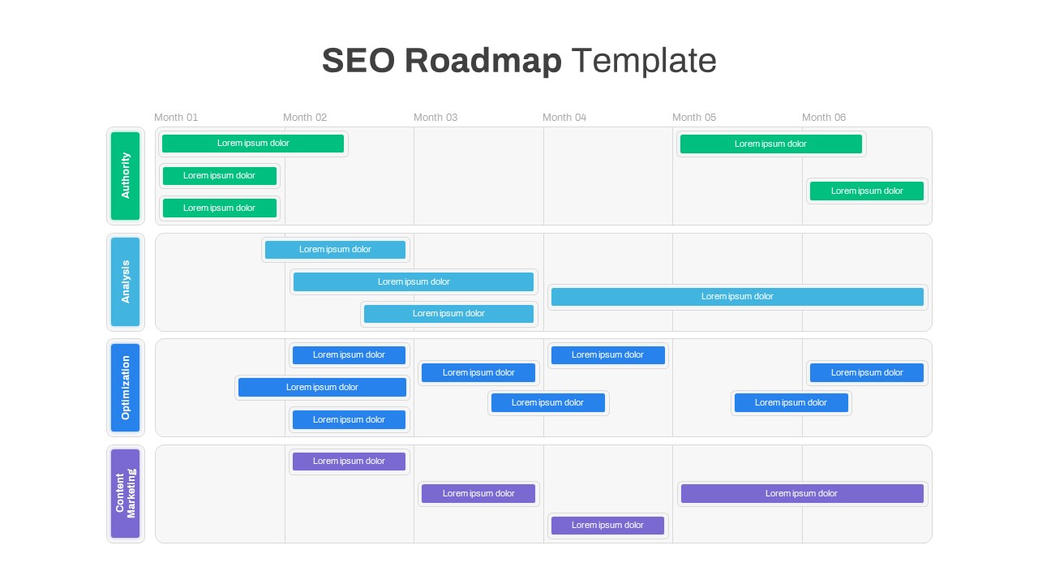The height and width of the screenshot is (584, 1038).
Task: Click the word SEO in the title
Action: coord(358,60)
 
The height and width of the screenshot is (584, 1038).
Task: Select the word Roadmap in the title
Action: coord(483,61)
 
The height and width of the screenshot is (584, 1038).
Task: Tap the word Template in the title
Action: coord(644,61)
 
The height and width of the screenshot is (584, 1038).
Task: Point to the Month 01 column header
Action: coord(176,118)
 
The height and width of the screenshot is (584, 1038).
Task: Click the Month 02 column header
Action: coord(305,118)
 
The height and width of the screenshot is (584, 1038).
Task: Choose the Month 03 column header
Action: coord(435,118)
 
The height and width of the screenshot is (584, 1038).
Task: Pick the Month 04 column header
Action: coord(564,118)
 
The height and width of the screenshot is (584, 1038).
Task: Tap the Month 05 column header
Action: coord(694,118)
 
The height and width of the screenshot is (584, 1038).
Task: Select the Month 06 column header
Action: coord(824,118)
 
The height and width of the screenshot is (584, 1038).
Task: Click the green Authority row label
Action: coord(125,176)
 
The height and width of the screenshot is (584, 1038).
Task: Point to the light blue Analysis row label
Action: coord(125,281)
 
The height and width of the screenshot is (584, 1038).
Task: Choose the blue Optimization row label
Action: coord(125,388)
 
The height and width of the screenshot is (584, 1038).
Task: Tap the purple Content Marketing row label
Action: coord(125,493)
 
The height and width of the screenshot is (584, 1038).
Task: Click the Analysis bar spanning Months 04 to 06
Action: coord(737,297)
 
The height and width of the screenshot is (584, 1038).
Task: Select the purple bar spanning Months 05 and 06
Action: coord(802,494)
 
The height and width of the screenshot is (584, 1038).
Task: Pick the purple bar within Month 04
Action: coord(607,525)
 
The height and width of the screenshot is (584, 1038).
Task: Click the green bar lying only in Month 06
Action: coord(867,191)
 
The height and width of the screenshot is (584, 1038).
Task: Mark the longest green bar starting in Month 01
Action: coord(253,144)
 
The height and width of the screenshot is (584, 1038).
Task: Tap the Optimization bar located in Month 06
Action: coord(867,372)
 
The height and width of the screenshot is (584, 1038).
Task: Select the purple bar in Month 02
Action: coord(349,462)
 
